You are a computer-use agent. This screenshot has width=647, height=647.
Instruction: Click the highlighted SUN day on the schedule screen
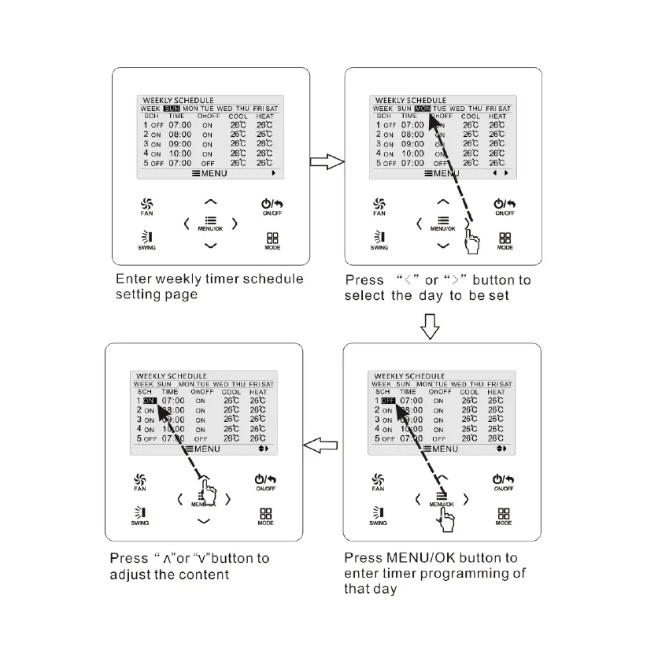(172, 108)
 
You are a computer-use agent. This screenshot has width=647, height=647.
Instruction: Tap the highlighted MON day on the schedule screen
(423, 108)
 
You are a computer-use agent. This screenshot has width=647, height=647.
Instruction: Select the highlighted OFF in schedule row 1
(387, 400)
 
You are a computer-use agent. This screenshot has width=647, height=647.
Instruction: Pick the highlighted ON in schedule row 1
(150, 400)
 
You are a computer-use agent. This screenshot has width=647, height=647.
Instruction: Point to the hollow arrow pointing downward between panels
(430, 326)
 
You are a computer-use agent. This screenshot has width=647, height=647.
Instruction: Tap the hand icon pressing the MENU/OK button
(447, 517)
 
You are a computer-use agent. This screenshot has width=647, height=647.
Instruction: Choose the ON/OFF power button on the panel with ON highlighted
(265, 482)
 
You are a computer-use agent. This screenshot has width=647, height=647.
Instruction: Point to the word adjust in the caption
(130, 575)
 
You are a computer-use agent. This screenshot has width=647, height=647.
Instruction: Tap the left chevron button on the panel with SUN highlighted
(186, 224)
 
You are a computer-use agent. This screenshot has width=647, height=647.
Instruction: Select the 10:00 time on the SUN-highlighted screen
(180, 153)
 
